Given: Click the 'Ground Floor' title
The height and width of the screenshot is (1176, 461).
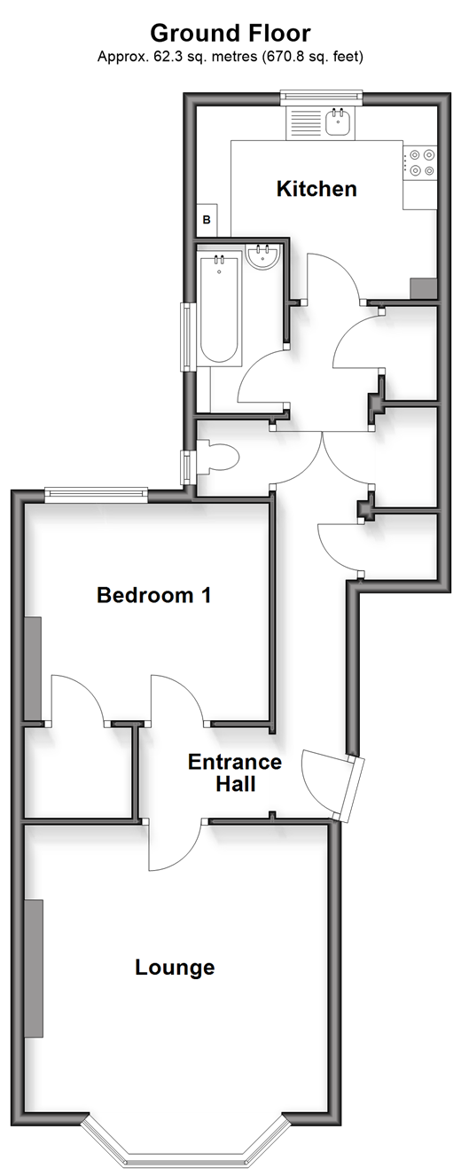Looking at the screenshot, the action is (x=230, y=34).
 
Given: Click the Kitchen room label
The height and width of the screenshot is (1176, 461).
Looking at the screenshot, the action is (x=316, y=189).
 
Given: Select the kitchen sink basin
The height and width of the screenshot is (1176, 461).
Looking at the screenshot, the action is (x=337, y=122).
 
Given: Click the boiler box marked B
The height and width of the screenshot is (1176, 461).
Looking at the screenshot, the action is (x=207, y=219).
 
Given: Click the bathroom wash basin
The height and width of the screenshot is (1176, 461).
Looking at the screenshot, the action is (x=264, y=256).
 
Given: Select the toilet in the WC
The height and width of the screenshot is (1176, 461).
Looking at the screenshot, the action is (x=217, y=457).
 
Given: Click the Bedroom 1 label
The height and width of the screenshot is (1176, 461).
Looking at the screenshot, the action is (x=154, y=595).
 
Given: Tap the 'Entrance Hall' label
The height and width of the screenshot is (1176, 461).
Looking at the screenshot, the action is (x=235, y=772).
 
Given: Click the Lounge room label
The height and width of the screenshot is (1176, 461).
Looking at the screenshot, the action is (x=175, y=967).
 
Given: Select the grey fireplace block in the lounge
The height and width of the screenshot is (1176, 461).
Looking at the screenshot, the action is (x=34, y=968).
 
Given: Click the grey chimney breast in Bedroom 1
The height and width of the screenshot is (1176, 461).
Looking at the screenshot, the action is (x=33, y=669).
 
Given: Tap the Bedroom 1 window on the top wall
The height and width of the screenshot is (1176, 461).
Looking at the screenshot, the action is (x=96, y=492).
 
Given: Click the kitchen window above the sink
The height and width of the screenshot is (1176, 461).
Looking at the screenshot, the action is (x=321, y=95).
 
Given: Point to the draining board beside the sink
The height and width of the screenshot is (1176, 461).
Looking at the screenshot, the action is (x=305, y=122).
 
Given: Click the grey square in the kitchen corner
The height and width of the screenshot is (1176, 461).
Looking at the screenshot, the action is (x=423, y=288).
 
